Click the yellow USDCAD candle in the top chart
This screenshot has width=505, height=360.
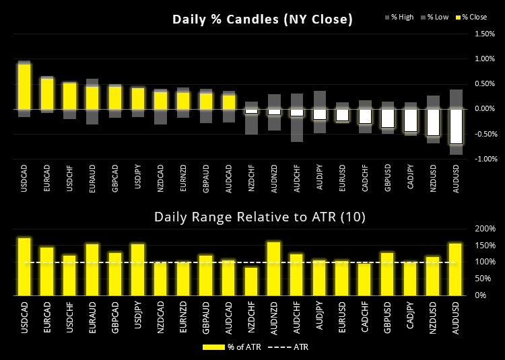(x=24, y=86)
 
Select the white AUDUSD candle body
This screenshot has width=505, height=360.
(x=457, y=126)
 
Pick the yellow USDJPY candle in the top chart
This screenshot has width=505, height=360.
(x=138, y=98)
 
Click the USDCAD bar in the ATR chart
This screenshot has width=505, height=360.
(x=24, y=266)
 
